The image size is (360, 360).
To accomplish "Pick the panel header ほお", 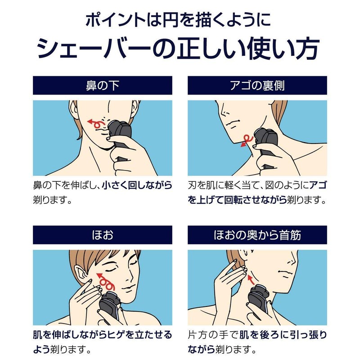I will point(103,235).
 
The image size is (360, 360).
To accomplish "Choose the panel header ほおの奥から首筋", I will point(257,235).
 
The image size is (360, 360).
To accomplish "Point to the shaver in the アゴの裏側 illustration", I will point(265,144).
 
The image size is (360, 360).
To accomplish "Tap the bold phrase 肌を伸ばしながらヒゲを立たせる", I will point(103,336).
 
